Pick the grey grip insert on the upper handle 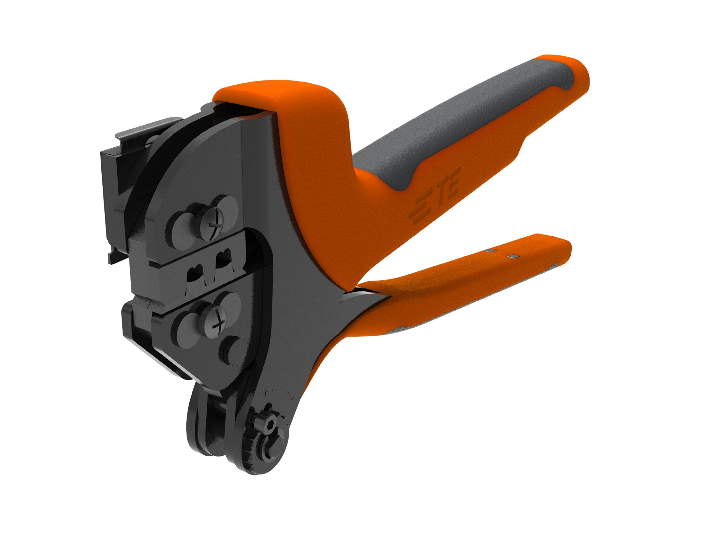tap(458, 124)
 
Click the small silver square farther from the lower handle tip tap(490, 250)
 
